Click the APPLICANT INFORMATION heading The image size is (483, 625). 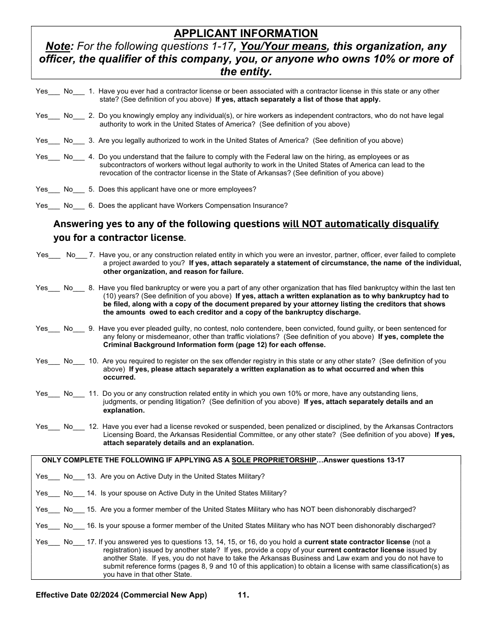tap(246, 34)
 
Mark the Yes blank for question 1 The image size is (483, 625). tap(54, 92)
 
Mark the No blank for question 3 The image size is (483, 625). tap(79, 141)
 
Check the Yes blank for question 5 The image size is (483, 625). tap(54, 190)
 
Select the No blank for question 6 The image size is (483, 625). tap(79, 206)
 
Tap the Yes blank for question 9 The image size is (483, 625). tap(54, 329)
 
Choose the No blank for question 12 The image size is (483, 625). tap(79, 427)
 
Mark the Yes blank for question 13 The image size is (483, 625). tap(54, 477)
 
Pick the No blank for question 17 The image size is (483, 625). tap(79, 543)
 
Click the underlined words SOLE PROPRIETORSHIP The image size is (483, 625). tap(274, 460)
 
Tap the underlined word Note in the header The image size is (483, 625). tap(58, 47)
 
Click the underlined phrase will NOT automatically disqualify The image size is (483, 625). tap(360, 224)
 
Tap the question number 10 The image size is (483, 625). tap(93, 361)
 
